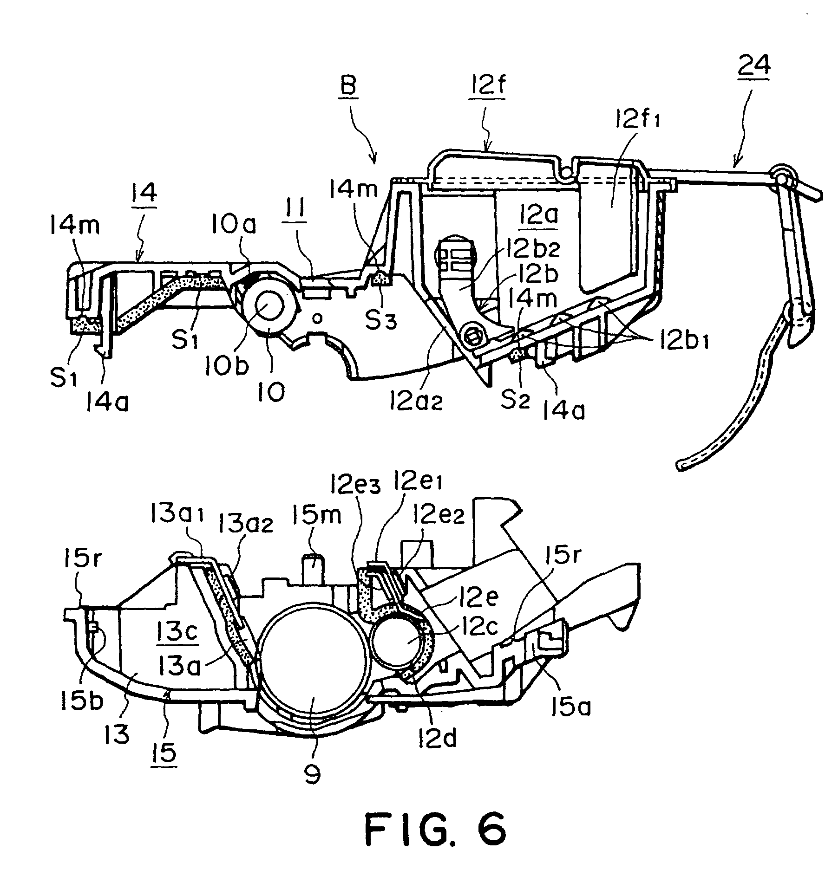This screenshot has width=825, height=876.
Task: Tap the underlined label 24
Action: [x=756, y=66]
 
